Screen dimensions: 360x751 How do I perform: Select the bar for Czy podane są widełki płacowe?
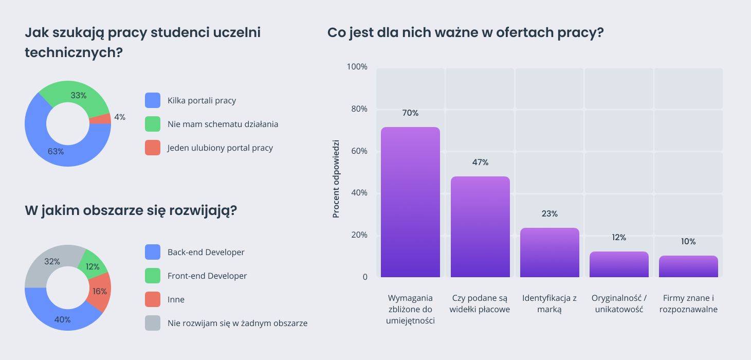click(x=480, y=227)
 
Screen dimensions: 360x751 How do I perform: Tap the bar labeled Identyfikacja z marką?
click(x=549, y=253)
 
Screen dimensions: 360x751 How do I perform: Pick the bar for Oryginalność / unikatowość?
click(x=619, y=264)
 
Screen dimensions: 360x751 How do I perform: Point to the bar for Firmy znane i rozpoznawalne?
click(x=688, y=266)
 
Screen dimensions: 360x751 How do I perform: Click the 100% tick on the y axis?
click(x=357, y=67)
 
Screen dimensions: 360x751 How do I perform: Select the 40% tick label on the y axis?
click(x=359, y=193)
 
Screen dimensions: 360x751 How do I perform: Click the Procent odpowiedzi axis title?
click(x=336, y=178)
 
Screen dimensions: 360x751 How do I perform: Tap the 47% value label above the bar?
click(x=480, y=163)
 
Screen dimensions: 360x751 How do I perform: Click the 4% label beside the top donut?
click(x=120, y=117)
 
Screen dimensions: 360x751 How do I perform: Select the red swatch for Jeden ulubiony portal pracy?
click(x=153, y=148)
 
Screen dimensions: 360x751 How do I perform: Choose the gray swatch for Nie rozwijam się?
click(x=153, y=323)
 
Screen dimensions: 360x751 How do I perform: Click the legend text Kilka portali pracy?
click(x=202, y=101)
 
